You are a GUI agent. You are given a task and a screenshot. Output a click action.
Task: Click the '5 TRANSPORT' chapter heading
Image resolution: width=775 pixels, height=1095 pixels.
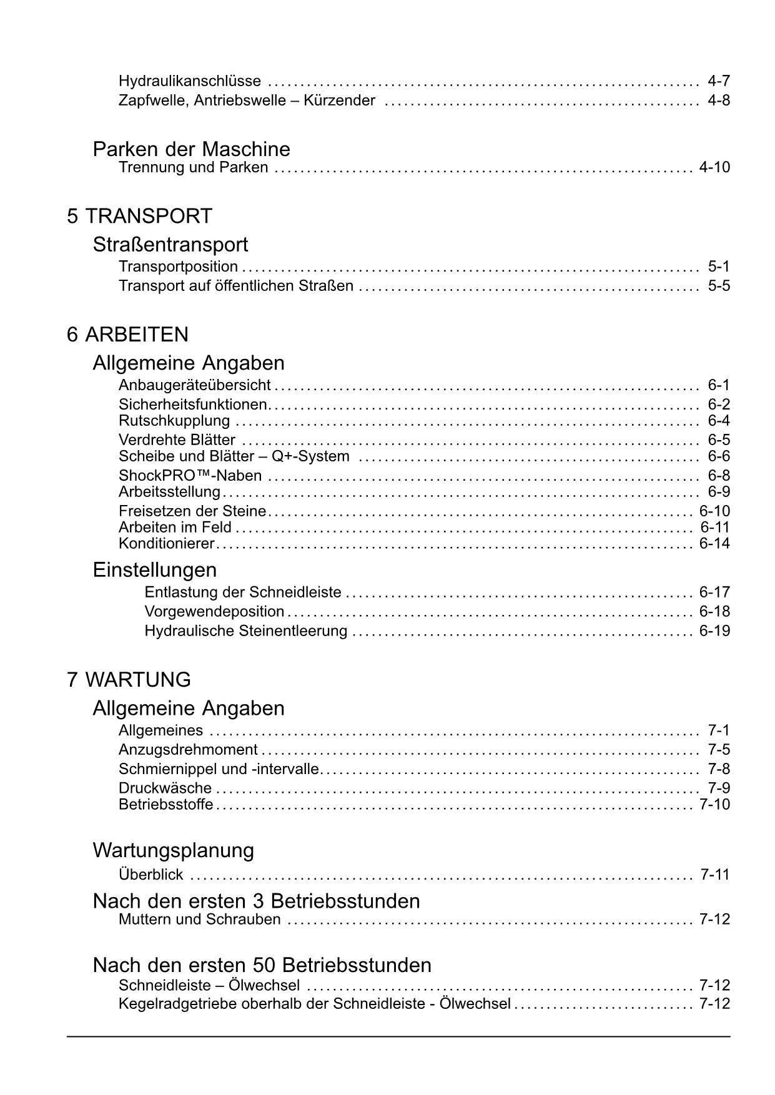pos(139,217)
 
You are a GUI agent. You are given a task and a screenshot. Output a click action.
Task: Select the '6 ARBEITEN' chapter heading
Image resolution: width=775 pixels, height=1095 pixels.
pos(127,335)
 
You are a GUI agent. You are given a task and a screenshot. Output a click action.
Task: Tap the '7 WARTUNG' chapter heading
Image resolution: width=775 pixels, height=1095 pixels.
pos(129,680)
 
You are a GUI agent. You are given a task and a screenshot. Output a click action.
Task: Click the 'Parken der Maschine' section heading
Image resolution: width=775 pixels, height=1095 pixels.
pos(191,149)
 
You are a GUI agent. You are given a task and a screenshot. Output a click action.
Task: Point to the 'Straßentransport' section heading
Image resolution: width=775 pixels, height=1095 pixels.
pos(170,245)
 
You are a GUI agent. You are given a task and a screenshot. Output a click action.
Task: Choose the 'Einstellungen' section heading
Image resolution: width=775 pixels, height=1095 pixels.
pos(155,570)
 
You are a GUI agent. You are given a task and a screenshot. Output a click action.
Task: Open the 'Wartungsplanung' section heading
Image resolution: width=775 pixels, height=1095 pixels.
pos(173,850)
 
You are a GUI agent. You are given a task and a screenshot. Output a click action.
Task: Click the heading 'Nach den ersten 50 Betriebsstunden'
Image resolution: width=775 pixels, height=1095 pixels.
pos(262,965)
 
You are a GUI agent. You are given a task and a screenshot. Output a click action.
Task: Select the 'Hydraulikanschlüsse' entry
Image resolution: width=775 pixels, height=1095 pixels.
pos(190,81)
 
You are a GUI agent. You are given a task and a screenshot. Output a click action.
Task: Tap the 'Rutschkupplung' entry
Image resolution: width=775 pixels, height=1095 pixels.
pos(174,421)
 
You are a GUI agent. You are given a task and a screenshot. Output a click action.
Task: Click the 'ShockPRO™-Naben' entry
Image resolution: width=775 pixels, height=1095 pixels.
pos(190,476)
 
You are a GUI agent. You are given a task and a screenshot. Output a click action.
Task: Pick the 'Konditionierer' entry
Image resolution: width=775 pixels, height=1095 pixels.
pos(167,543)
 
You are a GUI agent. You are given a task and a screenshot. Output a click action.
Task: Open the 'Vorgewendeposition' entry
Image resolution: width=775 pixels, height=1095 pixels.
pos(214,611)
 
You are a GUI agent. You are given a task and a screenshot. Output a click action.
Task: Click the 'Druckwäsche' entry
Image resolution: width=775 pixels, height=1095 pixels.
pos(165,788)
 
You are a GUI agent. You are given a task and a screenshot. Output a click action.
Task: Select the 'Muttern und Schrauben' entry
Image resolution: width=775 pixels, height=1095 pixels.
pos(199,920)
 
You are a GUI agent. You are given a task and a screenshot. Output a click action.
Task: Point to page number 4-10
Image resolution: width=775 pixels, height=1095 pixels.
pos(714,167)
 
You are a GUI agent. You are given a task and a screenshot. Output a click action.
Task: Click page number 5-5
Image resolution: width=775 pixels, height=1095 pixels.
pos(719,286)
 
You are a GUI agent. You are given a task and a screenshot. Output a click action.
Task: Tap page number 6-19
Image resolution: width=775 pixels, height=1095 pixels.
pos(714,631)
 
